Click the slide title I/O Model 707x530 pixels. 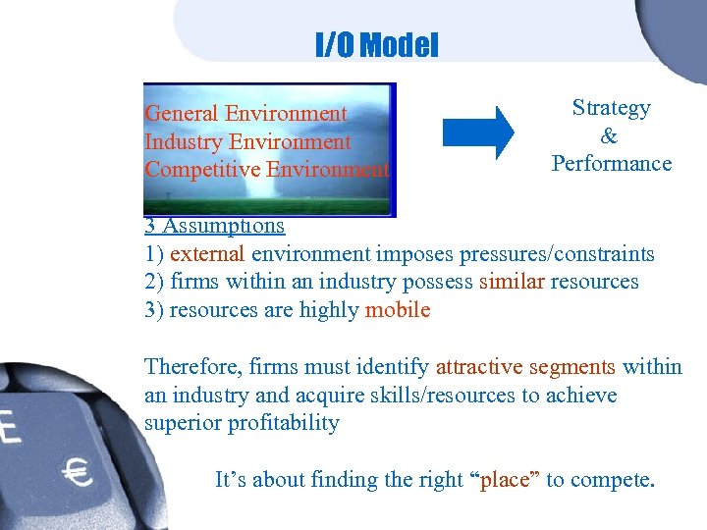[x=376, y=45]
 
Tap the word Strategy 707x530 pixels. [x=611, y=108]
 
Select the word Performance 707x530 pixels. [x=611, y=163]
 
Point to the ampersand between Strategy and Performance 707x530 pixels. [x=610, y=135]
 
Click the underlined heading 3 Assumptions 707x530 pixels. [x=214, y=226]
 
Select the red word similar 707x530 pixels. [x=511, y=283]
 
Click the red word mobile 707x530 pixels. [x=397, y=311]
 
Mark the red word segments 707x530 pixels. [x=572, y=367]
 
